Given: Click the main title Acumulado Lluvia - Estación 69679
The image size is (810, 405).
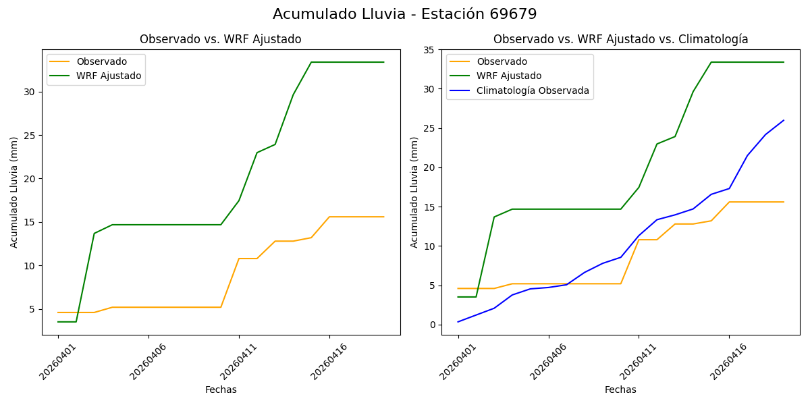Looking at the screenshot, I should point(405,14).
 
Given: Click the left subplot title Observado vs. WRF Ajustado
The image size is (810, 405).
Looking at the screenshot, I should point(220,39).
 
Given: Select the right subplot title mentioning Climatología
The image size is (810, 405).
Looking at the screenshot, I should point(620,39).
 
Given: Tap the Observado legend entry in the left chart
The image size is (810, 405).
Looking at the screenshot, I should point(101,61).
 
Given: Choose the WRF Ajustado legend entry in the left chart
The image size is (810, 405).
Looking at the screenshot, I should point(109,76).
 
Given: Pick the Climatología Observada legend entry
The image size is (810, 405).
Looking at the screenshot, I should point(533,90).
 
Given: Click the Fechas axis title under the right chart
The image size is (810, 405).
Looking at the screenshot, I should point(620,389).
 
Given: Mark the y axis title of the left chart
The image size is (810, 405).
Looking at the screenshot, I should point(14,192).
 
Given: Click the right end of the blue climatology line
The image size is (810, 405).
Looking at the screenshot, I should point(784,120).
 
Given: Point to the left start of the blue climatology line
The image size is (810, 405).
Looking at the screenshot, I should point(458,322).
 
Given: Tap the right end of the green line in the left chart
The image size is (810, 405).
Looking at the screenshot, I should point(384,62).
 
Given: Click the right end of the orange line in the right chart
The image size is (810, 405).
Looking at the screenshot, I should point(784,202).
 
